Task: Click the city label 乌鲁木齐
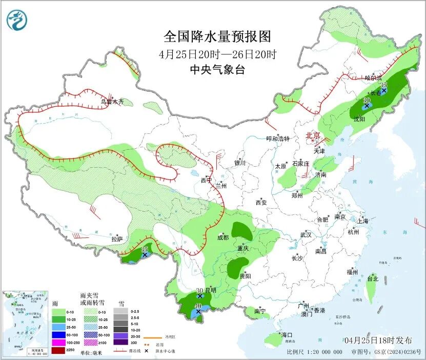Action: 112,102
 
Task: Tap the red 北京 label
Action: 313,135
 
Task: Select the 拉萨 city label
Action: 117,238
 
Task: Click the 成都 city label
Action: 223,237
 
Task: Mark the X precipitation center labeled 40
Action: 198,311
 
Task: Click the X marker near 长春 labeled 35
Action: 383,90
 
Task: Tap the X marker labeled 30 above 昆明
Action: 199,296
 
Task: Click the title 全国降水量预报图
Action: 217,36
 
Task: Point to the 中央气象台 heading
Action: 217,70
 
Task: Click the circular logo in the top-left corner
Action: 17,20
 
